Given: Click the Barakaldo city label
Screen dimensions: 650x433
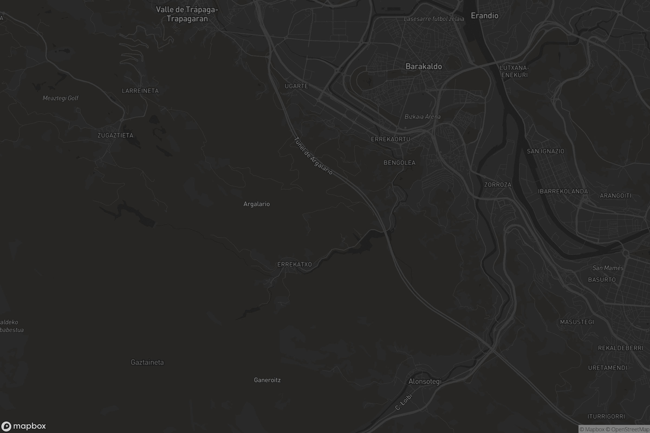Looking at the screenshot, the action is click(423, 66).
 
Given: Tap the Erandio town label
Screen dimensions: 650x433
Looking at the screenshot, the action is click(485, 16).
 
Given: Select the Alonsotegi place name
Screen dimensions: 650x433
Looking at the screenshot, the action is click(425, 381).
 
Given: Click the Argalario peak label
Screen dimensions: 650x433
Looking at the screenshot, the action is click(256, 204).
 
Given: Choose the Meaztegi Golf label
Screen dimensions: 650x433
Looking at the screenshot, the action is click(60, 98).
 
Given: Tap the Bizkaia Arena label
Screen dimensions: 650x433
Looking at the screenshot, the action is click(422, 117).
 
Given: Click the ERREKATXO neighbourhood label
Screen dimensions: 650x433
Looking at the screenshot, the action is click(294, 265).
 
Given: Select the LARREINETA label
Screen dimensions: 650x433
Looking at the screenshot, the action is click(140, 91).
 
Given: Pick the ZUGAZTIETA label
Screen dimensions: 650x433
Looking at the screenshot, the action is click(115, 135).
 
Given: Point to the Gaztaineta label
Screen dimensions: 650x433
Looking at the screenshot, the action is click(147, 362).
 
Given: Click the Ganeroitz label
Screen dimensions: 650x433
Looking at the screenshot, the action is click(267, 380).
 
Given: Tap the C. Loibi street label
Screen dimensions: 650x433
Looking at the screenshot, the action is click(404, 402).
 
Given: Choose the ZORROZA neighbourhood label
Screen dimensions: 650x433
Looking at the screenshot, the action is click(498, 185).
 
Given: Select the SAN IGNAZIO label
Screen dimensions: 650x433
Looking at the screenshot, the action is click(545, 151).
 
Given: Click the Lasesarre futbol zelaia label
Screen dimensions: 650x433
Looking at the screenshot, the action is click(434, 19).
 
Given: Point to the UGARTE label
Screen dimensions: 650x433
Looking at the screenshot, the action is click(296, 86).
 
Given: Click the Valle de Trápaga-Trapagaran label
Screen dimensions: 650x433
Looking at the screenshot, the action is click(187, 14).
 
